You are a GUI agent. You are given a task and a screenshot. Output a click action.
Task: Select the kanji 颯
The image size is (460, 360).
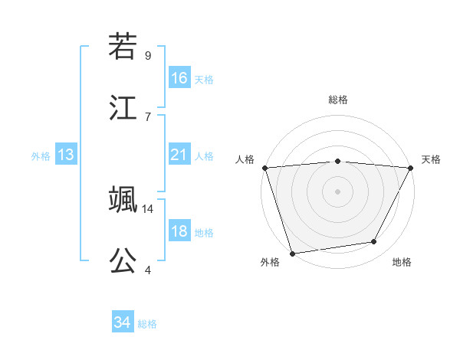(123, 198)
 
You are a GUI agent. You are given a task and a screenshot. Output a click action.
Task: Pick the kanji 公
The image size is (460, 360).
(123, 260)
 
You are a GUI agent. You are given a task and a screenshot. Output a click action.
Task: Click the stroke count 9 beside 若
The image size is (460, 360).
(148, 55)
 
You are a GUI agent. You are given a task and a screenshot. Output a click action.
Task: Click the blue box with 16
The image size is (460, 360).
(179, 77)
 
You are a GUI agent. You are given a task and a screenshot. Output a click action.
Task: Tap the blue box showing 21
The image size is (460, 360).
(179, 155)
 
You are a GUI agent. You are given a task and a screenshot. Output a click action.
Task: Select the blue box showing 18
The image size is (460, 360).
(179, 231)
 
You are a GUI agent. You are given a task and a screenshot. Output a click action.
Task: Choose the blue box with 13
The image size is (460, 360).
(66, 155)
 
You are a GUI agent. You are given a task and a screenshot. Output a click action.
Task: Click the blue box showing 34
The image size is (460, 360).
(123, 322)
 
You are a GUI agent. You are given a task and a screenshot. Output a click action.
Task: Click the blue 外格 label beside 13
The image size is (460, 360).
(41, 156)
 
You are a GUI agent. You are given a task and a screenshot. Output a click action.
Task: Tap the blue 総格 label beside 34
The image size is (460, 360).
(147, 324)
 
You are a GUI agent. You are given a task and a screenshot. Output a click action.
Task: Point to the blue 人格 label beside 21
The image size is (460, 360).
(204, 156)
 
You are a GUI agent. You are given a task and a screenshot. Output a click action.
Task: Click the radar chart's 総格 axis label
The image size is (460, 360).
(338, 100)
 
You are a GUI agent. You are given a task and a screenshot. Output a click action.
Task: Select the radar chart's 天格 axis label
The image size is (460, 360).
(431, 159)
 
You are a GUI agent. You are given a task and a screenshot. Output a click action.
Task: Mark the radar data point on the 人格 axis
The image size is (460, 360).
(264, 167)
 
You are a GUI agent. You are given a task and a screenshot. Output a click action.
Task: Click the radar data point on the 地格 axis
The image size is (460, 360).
(374, 242)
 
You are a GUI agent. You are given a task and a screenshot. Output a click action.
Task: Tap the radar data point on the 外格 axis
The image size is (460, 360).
(292, 253)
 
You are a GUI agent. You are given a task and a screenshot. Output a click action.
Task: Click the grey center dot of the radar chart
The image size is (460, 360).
(337, 191)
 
